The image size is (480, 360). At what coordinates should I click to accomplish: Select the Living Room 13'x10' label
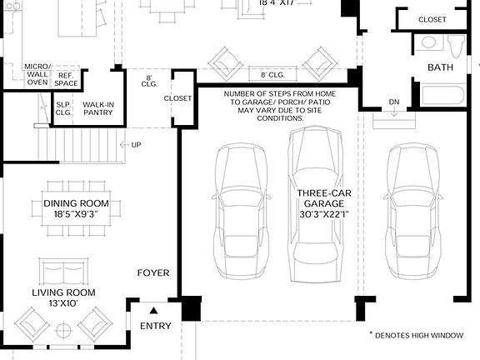[x=64, y=297]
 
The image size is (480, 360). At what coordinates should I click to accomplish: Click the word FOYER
[x=153, y=272]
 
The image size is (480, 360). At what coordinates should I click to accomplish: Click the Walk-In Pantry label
[x=98, y=109]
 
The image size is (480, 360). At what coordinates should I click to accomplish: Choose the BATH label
[x=441, y=67]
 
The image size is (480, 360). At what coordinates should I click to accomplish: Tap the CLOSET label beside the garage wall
[x=177, y=98]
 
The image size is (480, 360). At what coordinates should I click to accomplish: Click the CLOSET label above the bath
[x=432, y=19]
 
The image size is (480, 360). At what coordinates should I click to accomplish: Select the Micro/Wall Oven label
[x=37, y=73]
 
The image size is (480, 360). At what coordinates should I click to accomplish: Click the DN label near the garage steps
[x=395, y=103]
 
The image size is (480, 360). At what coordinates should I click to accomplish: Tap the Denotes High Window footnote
[x=416, y=334]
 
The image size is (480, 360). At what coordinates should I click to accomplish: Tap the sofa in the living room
[x=63, y=271]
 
